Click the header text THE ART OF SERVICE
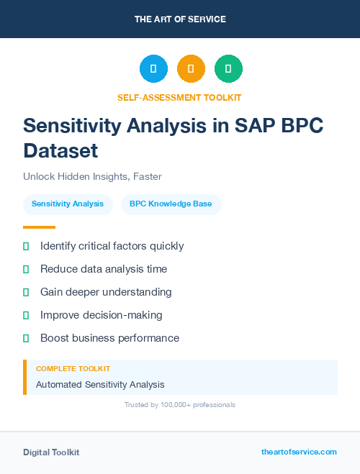[x=180, y=19]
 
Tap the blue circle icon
[x=153, y=68]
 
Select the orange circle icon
[x=191, y=68]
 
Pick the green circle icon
[x=228, y=68]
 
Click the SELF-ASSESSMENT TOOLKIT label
[x=179, y=97]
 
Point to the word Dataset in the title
[x=60, y=151]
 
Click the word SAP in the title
[x=260, y=125]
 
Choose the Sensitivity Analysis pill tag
[x=68, y=204]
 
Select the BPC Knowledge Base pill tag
[x=171, y=204]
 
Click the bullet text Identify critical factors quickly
[x=112, y=246]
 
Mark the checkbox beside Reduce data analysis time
[x=26, y=269]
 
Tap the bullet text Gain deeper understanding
[x=106, y=292]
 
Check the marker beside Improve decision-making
[x=26, y=315]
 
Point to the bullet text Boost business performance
[x=109, y=338]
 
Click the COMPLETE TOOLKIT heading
[x=73, y=368]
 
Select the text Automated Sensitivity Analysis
[x=100, y=385]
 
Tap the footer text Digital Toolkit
[x=51, y=452]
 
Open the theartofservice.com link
[x=299, y=452]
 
